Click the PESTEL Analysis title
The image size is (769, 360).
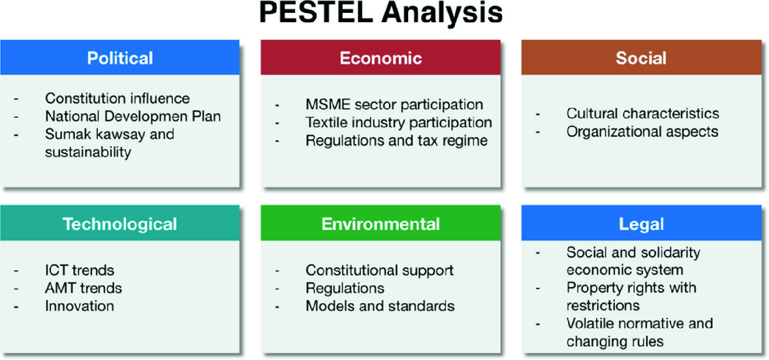coord(381,13)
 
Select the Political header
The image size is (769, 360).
coord(120,57)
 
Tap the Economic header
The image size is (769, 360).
coord(381,57)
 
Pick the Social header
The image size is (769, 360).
coord(641,57)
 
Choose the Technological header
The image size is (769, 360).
coord(120,224)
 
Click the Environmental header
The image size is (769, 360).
coord(381,224)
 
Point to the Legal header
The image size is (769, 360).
coord(641,224)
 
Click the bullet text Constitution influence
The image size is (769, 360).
coord(117,98)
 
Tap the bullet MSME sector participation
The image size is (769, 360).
coord(394,104)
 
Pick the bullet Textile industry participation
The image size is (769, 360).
coord(399,122)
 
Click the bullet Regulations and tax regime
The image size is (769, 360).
coord(397,140)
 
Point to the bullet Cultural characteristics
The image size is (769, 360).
coord(642,113)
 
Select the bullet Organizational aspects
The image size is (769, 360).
coord(642,132)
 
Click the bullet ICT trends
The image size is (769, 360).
coord(79,270)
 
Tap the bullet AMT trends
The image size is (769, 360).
coord(83,288)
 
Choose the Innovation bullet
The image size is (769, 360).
coord(79,306)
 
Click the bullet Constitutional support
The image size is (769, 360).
coord(380,270)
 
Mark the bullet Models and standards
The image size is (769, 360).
coord(380,306)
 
